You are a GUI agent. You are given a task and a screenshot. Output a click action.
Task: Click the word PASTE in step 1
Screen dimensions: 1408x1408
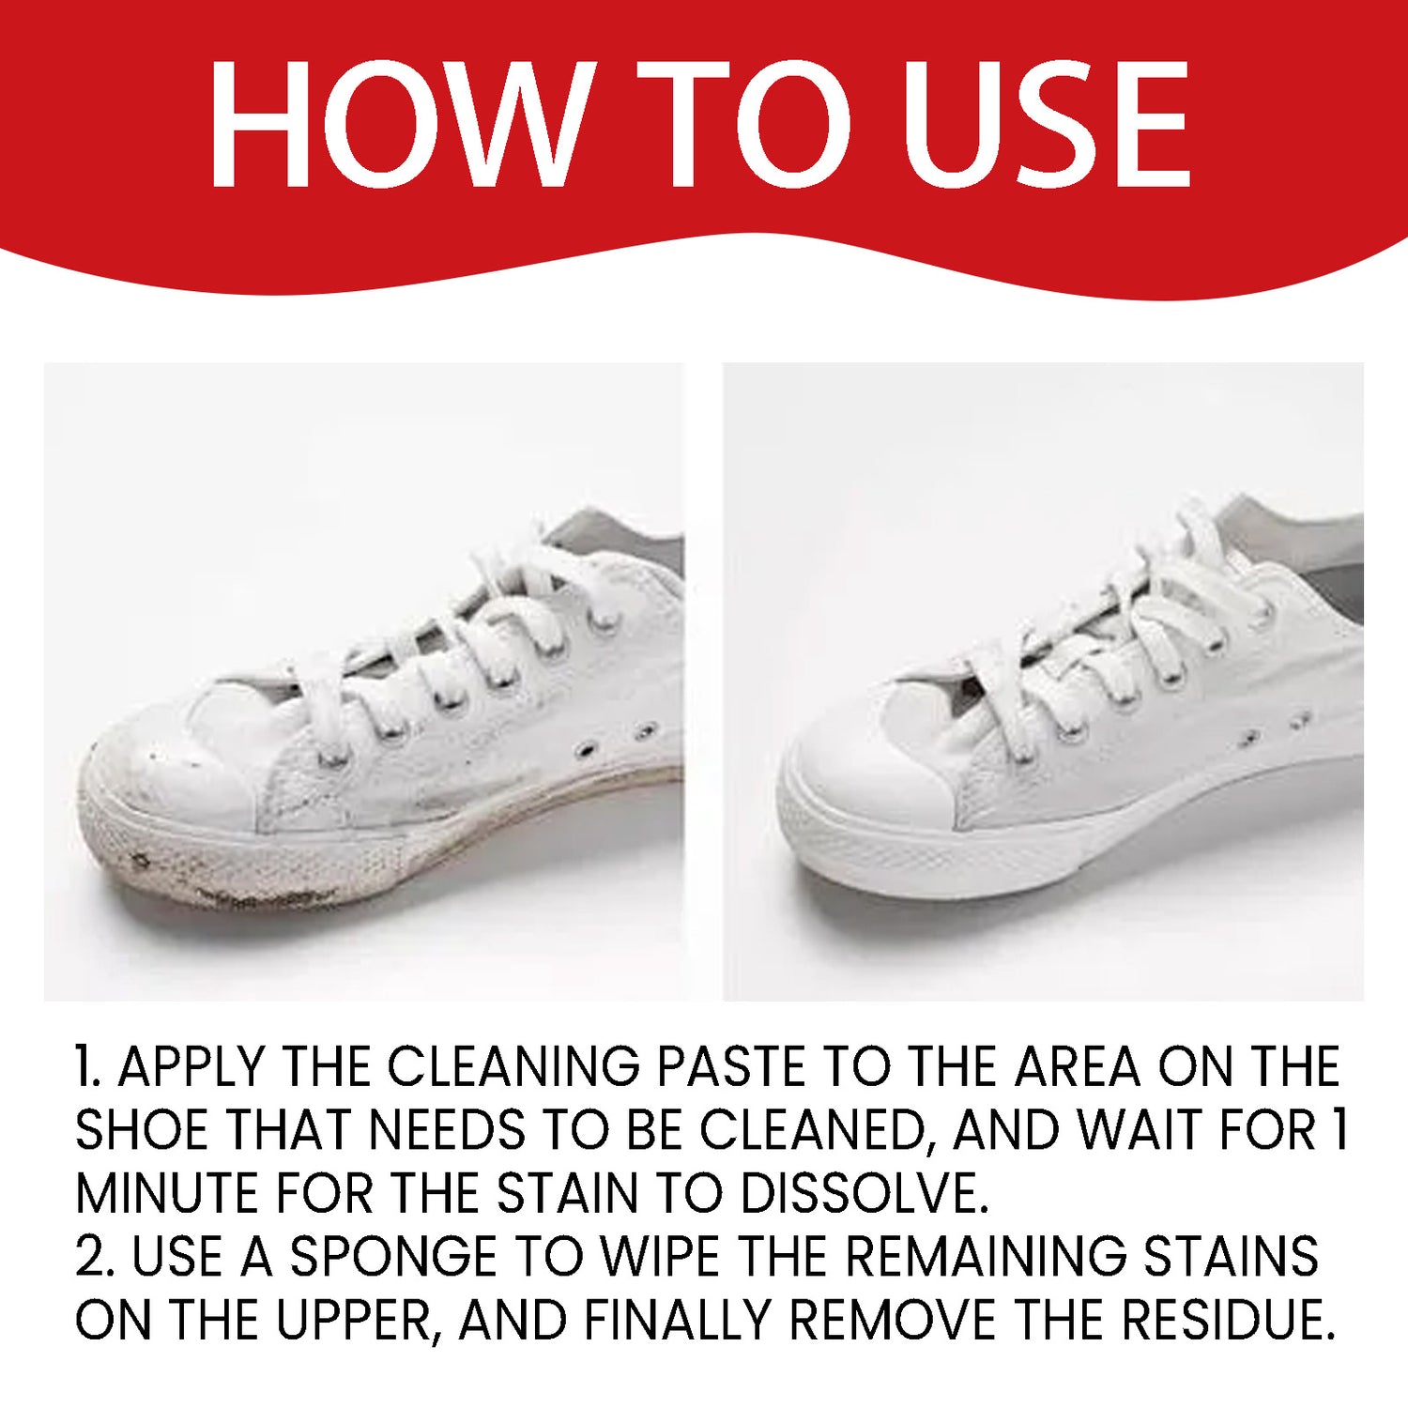730,1066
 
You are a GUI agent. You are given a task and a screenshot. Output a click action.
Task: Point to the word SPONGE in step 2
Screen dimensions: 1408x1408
392,1257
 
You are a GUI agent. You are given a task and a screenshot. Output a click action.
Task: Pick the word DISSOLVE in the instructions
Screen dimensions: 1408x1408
864,1194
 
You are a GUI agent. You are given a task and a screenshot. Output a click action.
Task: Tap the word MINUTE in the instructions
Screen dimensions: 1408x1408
167,1194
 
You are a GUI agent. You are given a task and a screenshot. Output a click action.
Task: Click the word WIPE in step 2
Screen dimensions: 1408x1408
660,1257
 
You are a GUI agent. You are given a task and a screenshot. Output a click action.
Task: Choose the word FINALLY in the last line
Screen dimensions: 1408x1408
677,1321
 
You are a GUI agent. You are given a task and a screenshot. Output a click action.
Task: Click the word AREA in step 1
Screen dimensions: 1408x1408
1078,1066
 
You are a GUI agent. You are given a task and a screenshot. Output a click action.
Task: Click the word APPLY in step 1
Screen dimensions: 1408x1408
191,1066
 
